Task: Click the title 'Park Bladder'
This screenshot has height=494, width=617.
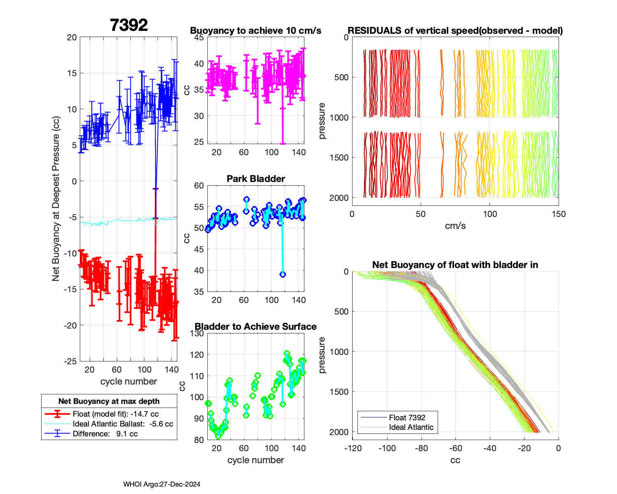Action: pos(256,179)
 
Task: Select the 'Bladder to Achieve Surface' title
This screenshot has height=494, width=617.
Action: pos(256,326)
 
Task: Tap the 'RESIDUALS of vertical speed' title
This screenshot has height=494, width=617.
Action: pos(455,30)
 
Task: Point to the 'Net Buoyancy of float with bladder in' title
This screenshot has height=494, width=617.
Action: pos(455,265)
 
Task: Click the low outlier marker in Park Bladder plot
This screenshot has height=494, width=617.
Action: pos(283,274)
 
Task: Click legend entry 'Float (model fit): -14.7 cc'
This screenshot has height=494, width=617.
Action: pos(116,414)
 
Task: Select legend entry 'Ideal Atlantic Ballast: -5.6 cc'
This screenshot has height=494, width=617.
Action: pos(123,424)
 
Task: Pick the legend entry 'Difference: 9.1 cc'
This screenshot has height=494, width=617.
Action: pos(105,433)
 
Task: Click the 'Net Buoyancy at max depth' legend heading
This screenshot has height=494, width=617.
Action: pos(109,401)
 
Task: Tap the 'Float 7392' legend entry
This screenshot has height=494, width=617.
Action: pos(407,417)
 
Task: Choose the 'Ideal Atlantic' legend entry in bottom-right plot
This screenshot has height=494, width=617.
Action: pos(411,427)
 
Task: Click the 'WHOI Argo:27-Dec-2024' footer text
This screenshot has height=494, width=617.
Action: pos(162,484)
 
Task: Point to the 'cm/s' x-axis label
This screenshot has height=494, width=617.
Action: pos(455,226)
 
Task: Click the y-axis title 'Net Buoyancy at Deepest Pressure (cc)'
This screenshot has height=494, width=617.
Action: pos(56,199)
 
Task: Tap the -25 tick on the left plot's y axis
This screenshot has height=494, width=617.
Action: pos(71,361)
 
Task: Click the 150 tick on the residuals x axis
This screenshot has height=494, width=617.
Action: pos(559,214)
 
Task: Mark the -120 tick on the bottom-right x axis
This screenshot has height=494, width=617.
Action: pos(353,448)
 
